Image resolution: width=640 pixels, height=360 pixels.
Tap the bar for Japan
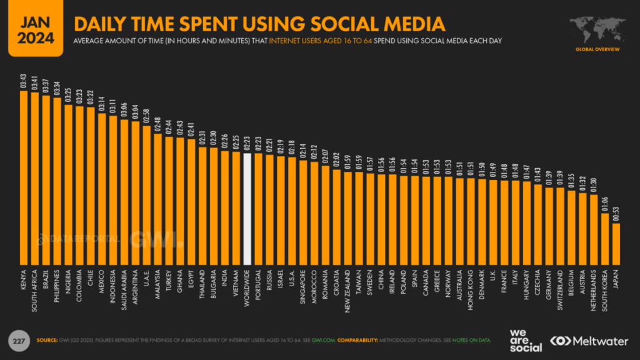616,244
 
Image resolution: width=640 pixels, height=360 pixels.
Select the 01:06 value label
605,204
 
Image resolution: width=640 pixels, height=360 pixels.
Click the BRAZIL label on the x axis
46,280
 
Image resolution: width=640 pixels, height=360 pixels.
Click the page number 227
19,341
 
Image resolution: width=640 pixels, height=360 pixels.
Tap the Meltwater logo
591,341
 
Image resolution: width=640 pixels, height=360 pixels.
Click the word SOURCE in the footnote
47,341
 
